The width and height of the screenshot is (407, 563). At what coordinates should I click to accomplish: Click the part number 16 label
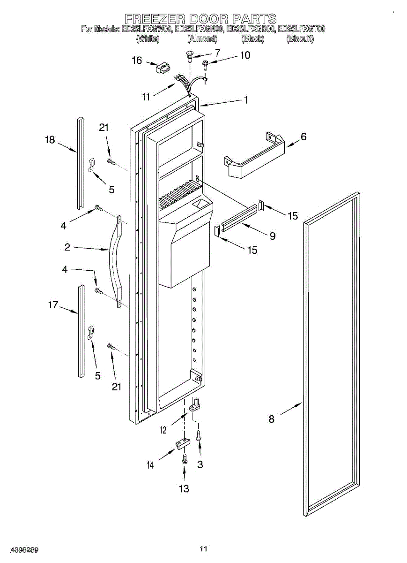[136, 60]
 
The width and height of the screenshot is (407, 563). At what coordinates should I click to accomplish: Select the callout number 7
[217, 53]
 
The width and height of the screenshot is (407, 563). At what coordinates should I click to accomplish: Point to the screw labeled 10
[205, 63]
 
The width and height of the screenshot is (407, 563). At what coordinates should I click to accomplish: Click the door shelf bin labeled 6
[255, 157]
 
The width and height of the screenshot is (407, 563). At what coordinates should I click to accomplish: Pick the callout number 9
[272, 236]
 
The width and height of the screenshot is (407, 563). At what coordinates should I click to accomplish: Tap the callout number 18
[50, 140]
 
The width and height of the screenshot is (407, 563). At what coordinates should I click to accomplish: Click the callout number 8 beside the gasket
[272, 419]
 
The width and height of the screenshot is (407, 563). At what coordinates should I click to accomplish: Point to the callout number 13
[184, 489]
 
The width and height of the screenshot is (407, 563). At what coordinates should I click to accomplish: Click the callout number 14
[150, 465]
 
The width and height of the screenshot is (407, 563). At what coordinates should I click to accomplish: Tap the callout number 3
[200, 464]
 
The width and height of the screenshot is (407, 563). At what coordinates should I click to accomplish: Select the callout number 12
[163, 430]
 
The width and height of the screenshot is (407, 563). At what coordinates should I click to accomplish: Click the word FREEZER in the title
[149, 19]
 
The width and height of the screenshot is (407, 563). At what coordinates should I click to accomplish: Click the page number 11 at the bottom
[203, 548]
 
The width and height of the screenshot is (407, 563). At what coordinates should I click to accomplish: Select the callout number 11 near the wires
[146, 97]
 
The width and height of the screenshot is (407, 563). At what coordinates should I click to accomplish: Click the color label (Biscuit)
[300, 39]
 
